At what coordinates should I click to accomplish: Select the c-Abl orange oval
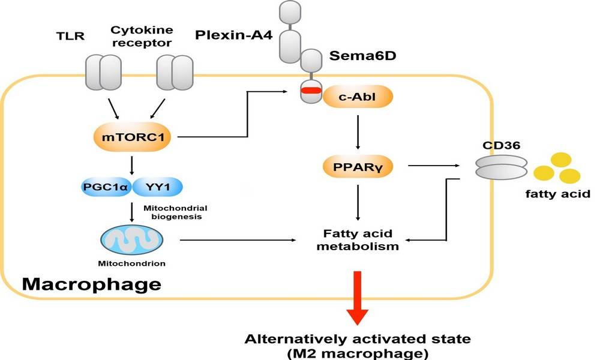click(x=358, y=97)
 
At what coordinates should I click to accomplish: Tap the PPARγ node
click(x=358, y=167)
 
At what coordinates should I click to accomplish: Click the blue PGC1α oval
click(x=106, y=187)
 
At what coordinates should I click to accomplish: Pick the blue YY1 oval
click(x=158, y=187)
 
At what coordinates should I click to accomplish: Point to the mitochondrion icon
click(x=131, y=240)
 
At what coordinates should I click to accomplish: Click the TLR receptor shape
click(x=103, y=73)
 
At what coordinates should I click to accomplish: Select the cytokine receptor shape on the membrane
click(x=175, y=73)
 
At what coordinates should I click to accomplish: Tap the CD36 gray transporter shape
click(x=501, y=167)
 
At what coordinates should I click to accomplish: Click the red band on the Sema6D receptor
click(x=311, y=91)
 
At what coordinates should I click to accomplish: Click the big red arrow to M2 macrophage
click(x=358, y=298)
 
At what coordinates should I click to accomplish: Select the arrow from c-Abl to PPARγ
click(x=358, y=132)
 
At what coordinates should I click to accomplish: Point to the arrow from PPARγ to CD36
click(x=434, y=166)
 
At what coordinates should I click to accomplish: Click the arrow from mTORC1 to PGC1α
click(x=132, y=165)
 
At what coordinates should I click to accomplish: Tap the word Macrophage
click(x=92, y=284)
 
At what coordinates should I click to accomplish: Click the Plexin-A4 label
click(x=234, y=35)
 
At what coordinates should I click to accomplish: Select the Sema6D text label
click(x=363, y=56)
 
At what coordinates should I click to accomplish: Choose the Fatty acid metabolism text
click(x=358, y=239)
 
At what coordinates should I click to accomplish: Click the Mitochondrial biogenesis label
click(x=176, y=212)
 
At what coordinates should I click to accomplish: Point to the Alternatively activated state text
click(x=358, y=339)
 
